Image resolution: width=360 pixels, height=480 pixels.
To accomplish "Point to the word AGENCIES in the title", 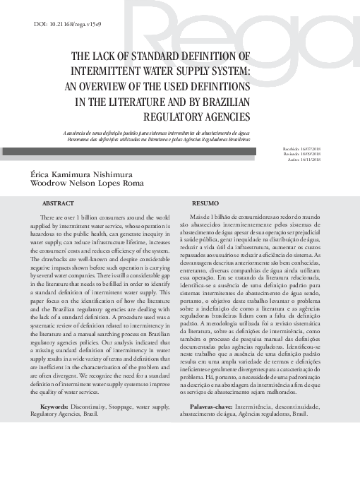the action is pyautogui.click(x=224, y=116).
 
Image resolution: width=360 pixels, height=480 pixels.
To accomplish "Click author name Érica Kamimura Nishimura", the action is pyautogui.click(x=80, y=174).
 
